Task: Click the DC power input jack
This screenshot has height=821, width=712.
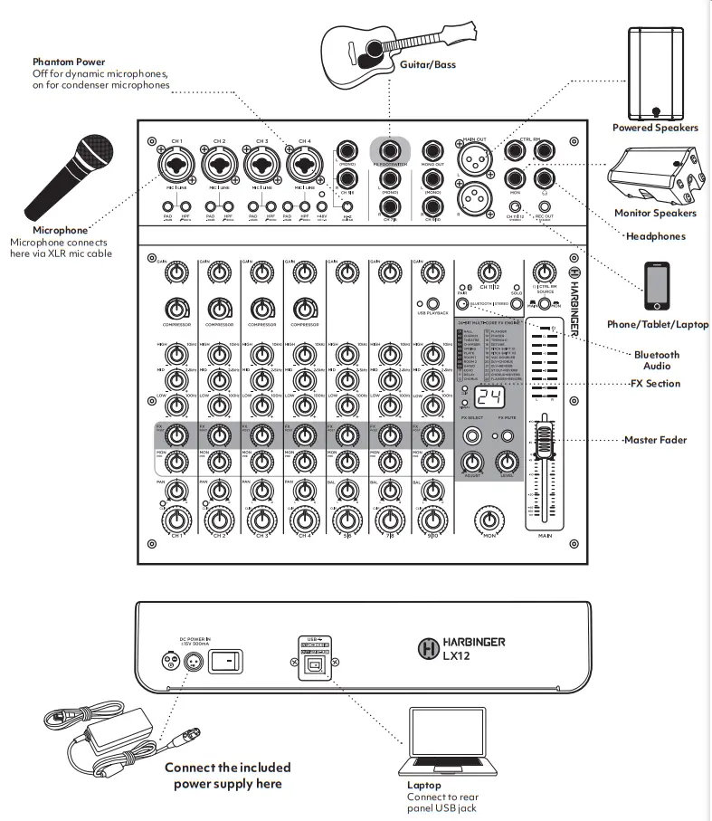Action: [191, 662]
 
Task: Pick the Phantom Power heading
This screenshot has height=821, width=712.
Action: [70, 62]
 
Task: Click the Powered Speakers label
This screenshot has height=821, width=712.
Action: [655, 128]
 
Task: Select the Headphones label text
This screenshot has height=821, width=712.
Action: [655, 236]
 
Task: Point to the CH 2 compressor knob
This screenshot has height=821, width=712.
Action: [218, 307]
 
